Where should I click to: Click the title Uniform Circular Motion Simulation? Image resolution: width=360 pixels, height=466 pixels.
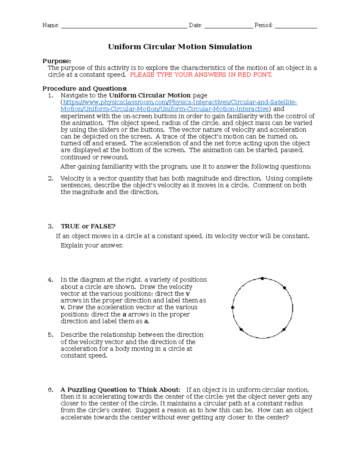(180, 47)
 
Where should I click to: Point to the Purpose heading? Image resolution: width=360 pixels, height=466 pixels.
(57, 61)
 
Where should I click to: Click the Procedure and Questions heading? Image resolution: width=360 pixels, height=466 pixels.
(85, 89)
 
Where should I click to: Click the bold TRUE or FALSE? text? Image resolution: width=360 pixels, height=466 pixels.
(88, 226)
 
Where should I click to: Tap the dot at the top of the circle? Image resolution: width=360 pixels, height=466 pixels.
(262, 279)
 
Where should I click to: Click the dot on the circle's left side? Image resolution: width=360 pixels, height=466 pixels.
(232, 308)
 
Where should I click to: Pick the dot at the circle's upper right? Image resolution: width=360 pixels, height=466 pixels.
(284, 288)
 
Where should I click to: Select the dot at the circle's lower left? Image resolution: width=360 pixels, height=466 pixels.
(241, 329)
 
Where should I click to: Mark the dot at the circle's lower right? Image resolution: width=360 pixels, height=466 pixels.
(284, 329)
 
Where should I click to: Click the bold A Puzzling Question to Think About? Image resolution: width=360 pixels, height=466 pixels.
(120, 390)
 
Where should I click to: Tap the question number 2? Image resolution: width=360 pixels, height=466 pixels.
(51, 179)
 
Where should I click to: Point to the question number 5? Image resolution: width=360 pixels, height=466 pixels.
(51, 335)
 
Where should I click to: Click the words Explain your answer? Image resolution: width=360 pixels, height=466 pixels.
(91, 245)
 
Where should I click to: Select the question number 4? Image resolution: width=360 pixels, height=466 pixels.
(51, 280)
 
